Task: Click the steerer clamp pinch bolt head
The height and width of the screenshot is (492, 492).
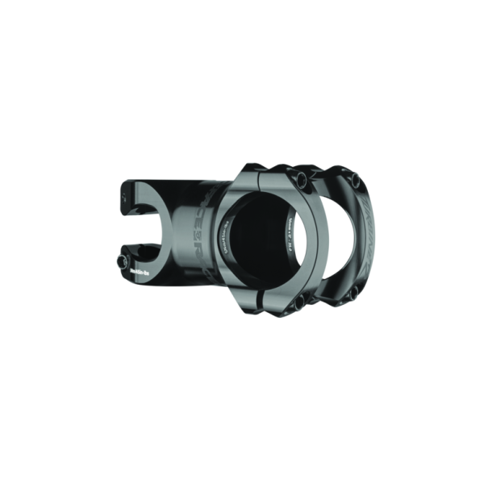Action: tap(123, 261)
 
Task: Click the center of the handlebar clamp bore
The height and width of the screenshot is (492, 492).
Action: tap(262, 239)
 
